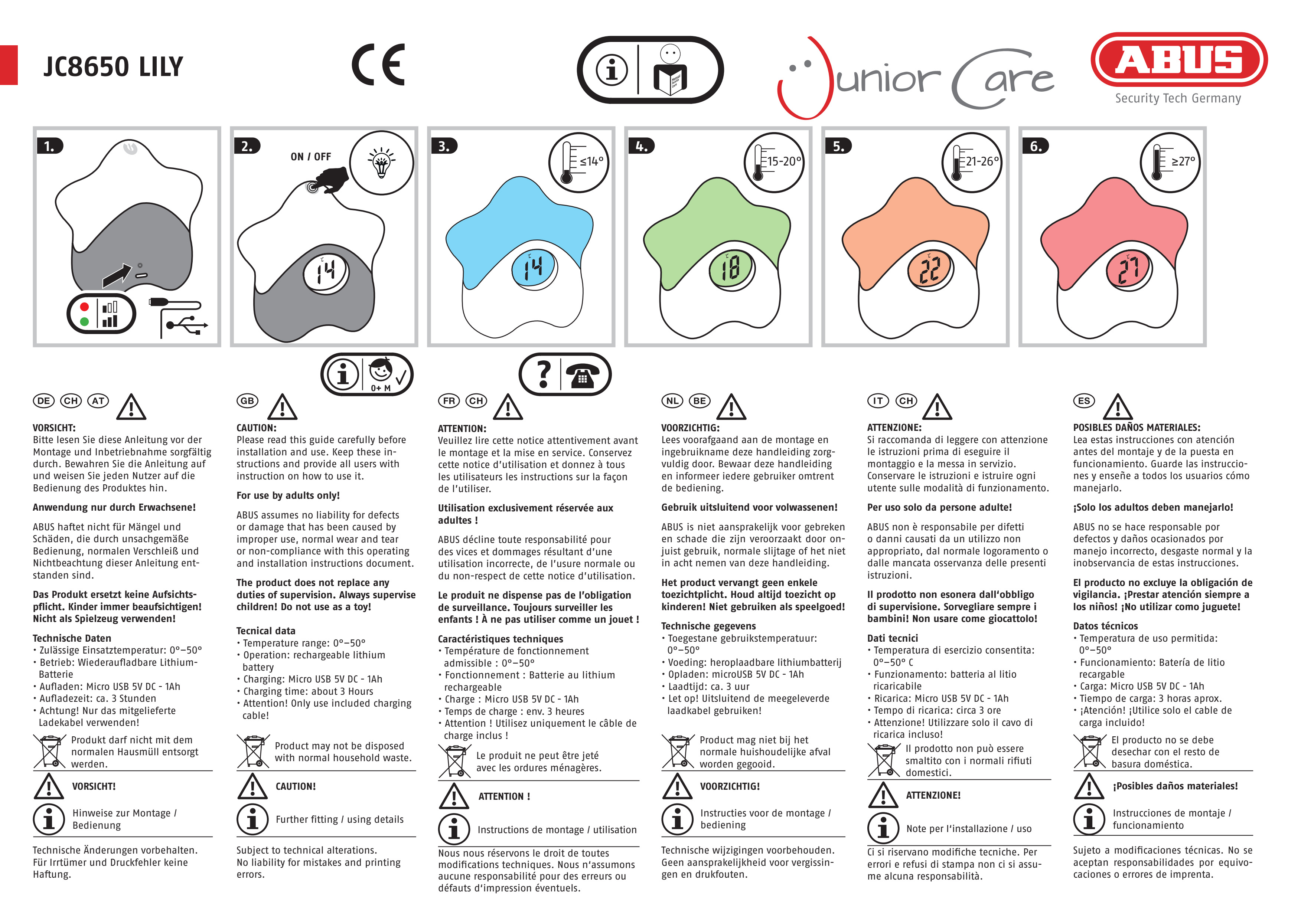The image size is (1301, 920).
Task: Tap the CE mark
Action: click(x=378, y=65)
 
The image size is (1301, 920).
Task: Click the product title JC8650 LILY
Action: click(x=113, y=67)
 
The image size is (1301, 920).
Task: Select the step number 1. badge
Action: click(x=50, y=146)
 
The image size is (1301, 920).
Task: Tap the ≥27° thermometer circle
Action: click(x=1170, y=163)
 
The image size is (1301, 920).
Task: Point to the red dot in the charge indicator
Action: click(x=84, y=307)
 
